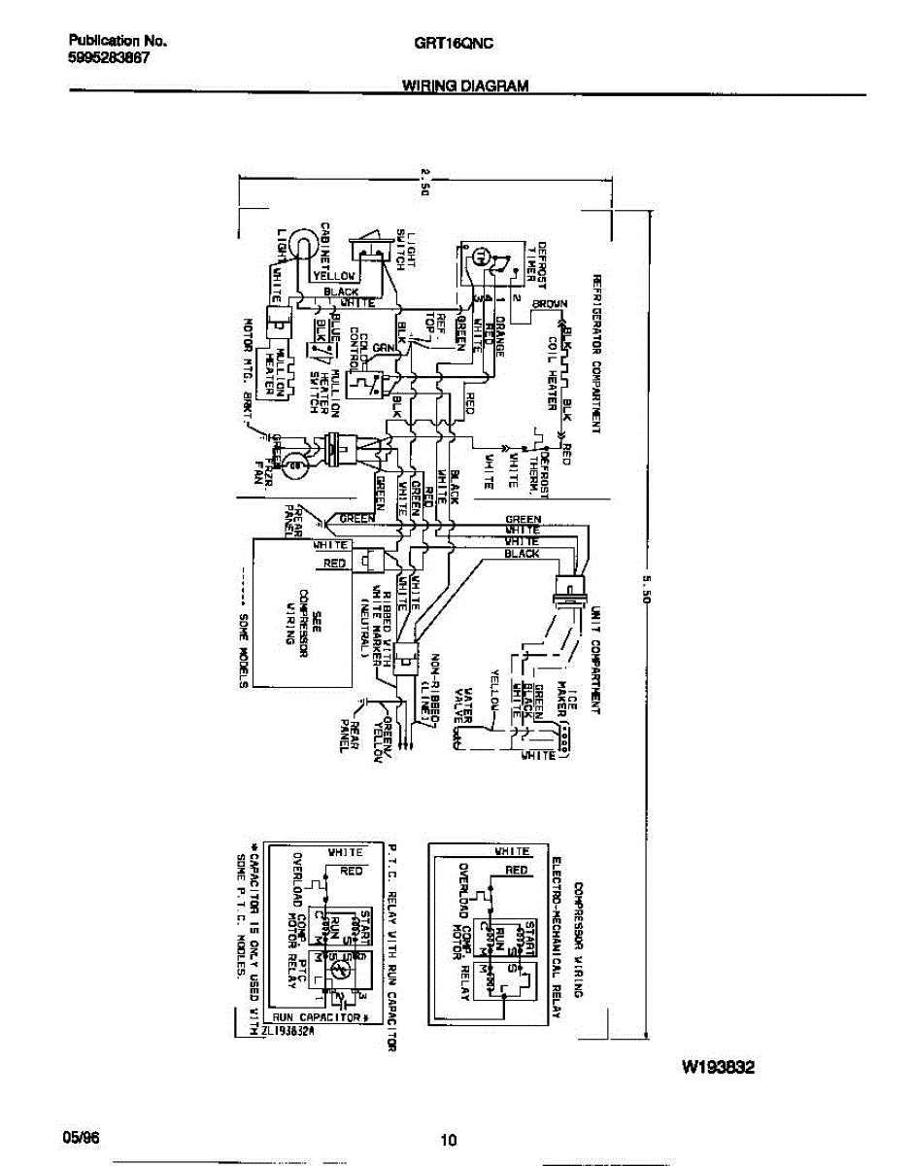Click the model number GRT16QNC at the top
466,43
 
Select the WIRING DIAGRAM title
465,86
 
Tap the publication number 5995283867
109,57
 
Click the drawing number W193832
718,1067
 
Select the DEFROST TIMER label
537,265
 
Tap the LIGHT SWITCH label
405,250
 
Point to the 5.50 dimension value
646,589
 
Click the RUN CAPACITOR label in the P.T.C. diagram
320,1016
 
